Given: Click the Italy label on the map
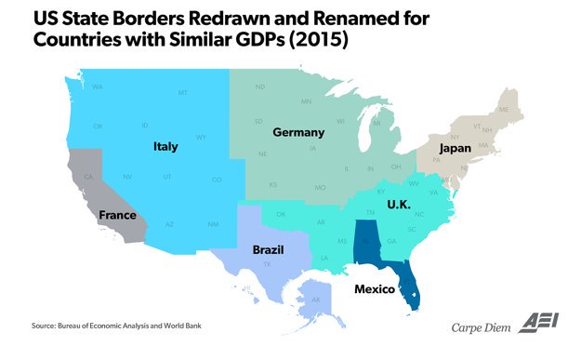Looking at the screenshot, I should pos(167,146).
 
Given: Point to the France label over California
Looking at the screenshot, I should pos(117,215).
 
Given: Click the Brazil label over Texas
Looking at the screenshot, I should pos(269,249).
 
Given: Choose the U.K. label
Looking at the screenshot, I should pos(399,203).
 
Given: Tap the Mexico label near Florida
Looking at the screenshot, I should pos(378,289).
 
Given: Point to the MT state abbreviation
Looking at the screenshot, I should pos(183,93).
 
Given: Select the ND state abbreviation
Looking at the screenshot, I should pos(259,87).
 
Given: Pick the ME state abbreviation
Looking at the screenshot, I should pos(505,110).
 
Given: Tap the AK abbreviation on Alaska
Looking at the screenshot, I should pos(315,300).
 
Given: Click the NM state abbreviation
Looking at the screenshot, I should pos(213,225).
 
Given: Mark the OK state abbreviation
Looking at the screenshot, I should pos(281,213).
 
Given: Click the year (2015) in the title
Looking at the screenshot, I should pos(313,42).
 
